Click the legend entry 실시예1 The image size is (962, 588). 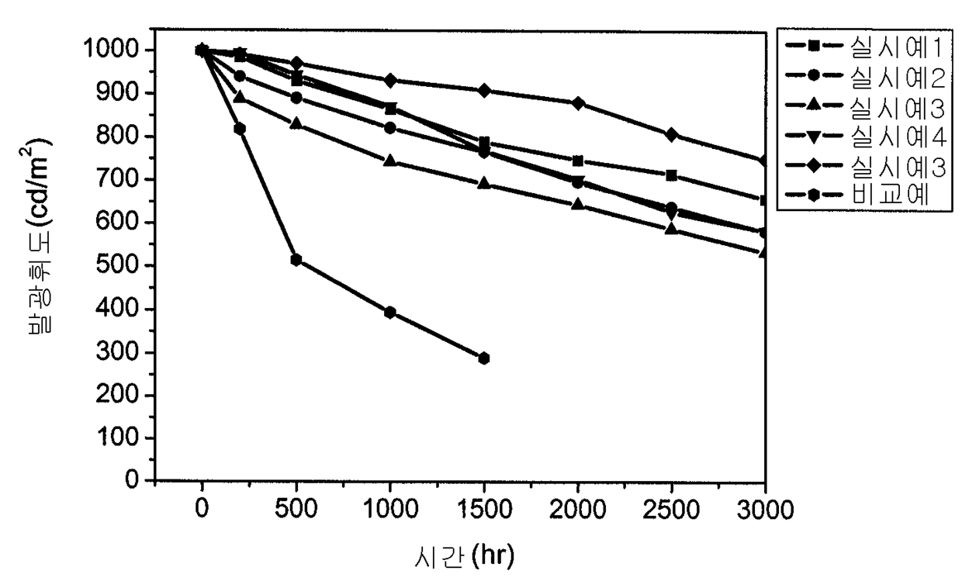point(864,47)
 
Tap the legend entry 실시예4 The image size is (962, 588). point(865,137)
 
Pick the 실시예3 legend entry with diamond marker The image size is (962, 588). point(865,166)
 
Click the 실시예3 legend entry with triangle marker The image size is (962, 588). point(865,107)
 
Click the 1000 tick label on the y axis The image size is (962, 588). point(111,49)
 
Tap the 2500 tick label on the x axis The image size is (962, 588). point(671,510)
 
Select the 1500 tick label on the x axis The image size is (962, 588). point(484,510)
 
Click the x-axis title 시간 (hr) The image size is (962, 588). point(464,557)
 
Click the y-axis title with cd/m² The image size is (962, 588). point(36,236)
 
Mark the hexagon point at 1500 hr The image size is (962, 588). point(484,358)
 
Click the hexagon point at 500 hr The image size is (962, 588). point(296,260)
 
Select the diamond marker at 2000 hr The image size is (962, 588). point(578,103)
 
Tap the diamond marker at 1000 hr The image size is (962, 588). point(390,81)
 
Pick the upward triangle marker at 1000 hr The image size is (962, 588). point(390,161)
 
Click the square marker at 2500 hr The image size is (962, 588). point(672,175)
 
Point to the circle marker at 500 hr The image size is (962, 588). point(296,98)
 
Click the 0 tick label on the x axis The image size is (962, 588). point(202,510)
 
